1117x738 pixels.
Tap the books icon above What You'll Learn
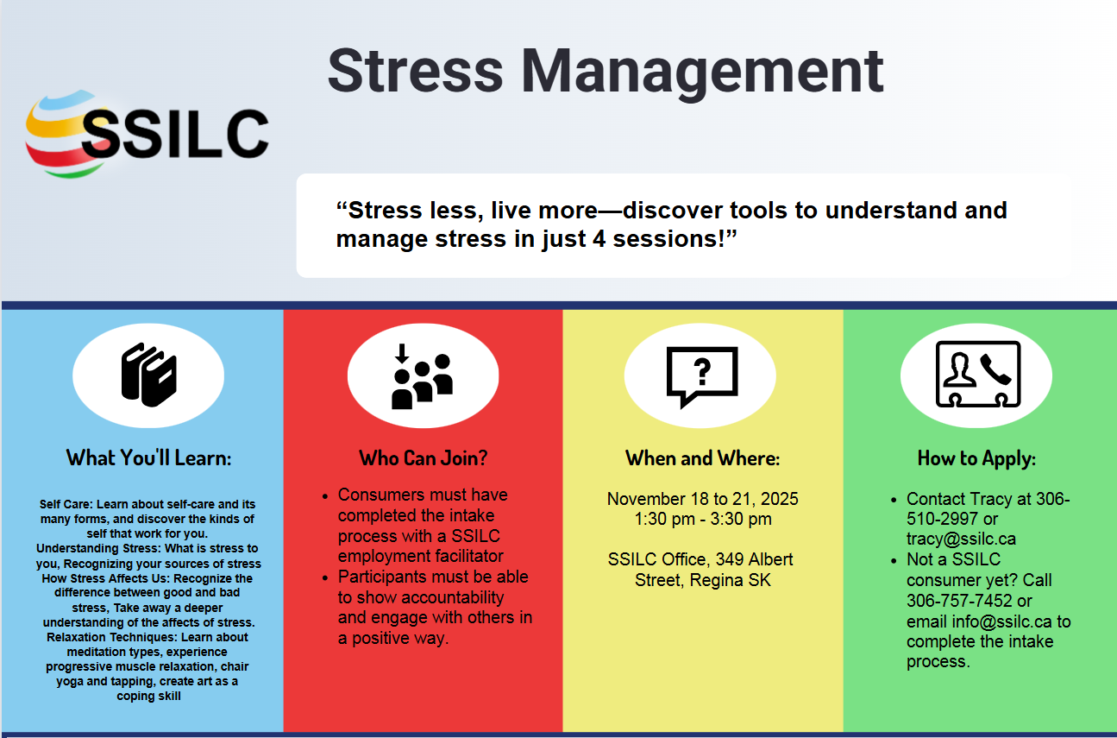(148, 374)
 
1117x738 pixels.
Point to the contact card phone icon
(976, 375)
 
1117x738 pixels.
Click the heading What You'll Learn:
(148, 457)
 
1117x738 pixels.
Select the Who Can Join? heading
(423, 457)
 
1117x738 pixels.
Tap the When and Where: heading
(702, 457)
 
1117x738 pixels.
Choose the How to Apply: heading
(976, 457)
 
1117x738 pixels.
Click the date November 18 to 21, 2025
(702, 499)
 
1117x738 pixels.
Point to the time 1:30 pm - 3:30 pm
(702, 519)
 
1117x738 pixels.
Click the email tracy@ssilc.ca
(949, 539)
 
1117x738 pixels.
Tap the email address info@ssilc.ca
(1002, 621)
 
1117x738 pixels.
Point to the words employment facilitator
(420, 556)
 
